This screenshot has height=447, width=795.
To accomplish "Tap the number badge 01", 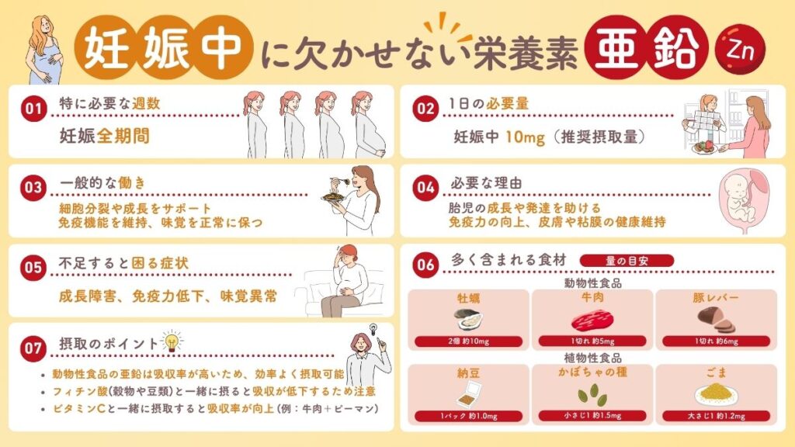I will pos(31,109).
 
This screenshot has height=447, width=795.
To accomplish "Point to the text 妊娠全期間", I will pos(104,137).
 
